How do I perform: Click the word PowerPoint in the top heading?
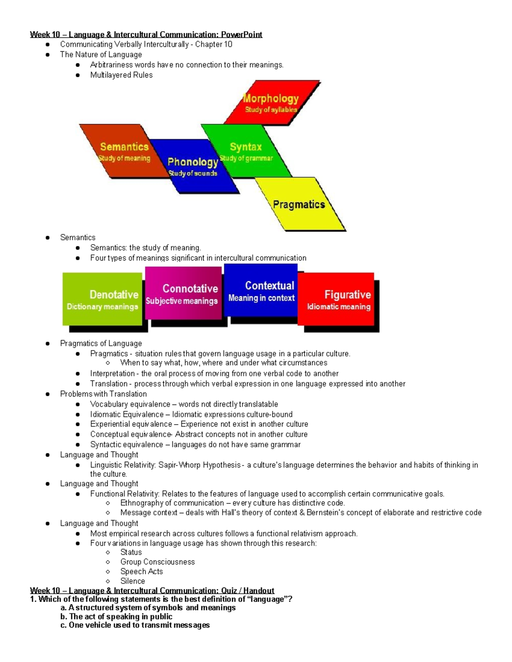coord(241,35)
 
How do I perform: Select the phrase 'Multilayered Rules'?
coord(121,75)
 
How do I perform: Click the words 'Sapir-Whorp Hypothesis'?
coord(199,465)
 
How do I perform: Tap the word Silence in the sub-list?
coord(132,581)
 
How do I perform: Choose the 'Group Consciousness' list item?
coord(157,562)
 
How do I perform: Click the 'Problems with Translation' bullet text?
coord(103,394)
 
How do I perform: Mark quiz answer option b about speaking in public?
coord(116,616)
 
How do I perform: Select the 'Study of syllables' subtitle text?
coord(271,110)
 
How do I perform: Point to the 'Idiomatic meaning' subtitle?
coord(339,306)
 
